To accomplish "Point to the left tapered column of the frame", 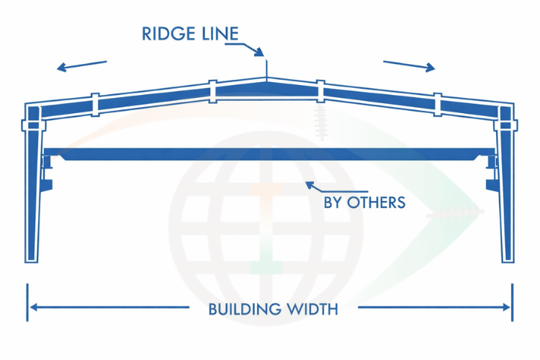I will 32,194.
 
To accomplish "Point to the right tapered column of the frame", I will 506,194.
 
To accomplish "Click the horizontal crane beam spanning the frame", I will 270,153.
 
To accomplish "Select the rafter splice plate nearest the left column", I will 94,104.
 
